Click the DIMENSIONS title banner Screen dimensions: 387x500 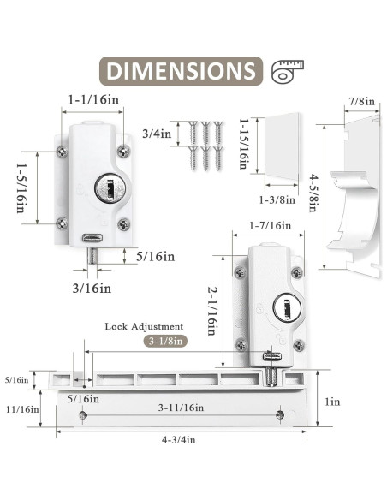(181, 71)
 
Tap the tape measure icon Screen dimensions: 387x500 (287, 71)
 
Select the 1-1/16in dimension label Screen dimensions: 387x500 (93, 100)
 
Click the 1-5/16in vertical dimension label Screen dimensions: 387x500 (21, 188)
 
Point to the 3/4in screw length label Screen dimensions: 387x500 (157, 134)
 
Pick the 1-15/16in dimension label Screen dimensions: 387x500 (244, 144)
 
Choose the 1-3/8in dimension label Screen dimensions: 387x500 (277, 200)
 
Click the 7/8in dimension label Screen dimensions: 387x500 (362, 102)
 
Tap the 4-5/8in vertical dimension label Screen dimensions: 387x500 (314, 193)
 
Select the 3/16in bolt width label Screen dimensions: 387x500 (92, 289)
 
